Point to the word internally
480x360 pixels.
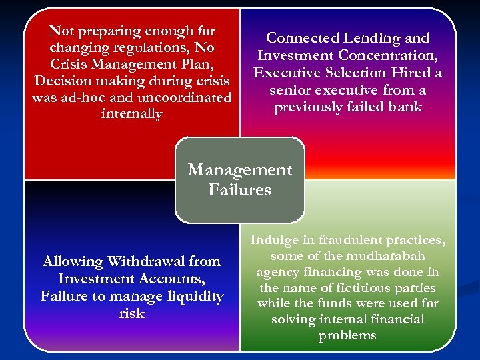coord(131,114)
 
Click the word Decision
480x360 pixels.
coord(61,81)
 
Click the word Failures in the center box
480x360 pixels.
coord(239,190)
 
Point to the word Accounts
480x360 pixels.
coord(174,279)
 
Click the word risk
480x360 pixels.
coord(131,313)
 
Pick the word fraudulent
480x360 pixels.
coord(353,240)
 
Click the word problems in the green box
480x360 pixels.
coord(347,335)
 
